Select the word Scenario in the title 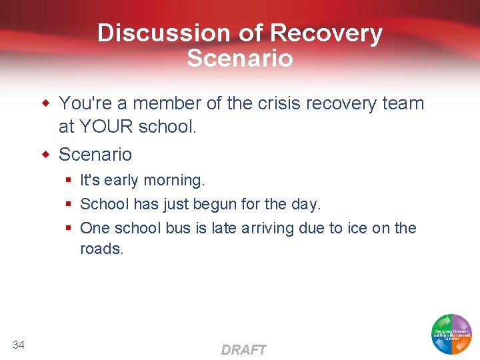(240, 58)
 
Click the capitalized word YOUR (109, 127)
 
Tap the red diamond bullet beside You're (46, 103)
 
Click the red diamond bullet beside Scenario (46, 155)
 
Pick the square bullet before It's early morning (69, 181)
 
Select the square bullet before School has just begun (69, 204)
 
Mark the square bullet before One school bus (69, 229)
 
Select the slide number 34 (19, 344)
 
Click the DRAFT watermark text (243, 349)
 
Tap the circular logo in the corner (451, 334)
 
